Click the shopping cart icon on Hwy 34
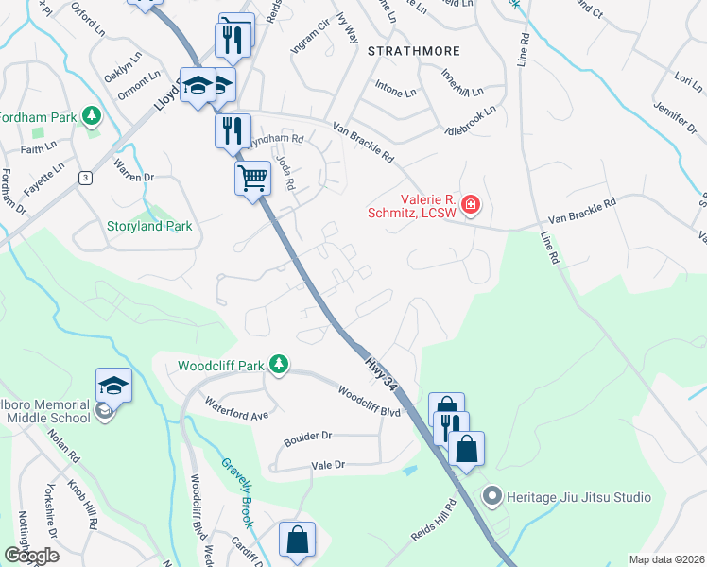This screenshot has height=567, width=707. pyautogui.click(x=252, y=178)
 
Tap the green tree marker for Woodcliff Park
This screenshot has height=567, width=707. pyautogui.click(x=279, y=364)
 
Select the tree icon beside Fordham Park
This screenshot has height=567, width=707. pyautogui.click(x=92, y=116)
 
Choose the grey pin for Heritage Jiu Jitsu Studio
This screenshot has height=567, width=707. pyautogui.click(x=491, y=496)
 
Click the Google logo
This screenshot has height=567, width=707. pyautogui.click(x=31, y=556)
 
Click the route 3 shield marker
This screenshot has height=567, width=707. pyautogui.click(x=85, y=177)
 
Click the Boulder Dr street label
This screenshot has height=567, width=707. pyautogui.click(x=307, y=438)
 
